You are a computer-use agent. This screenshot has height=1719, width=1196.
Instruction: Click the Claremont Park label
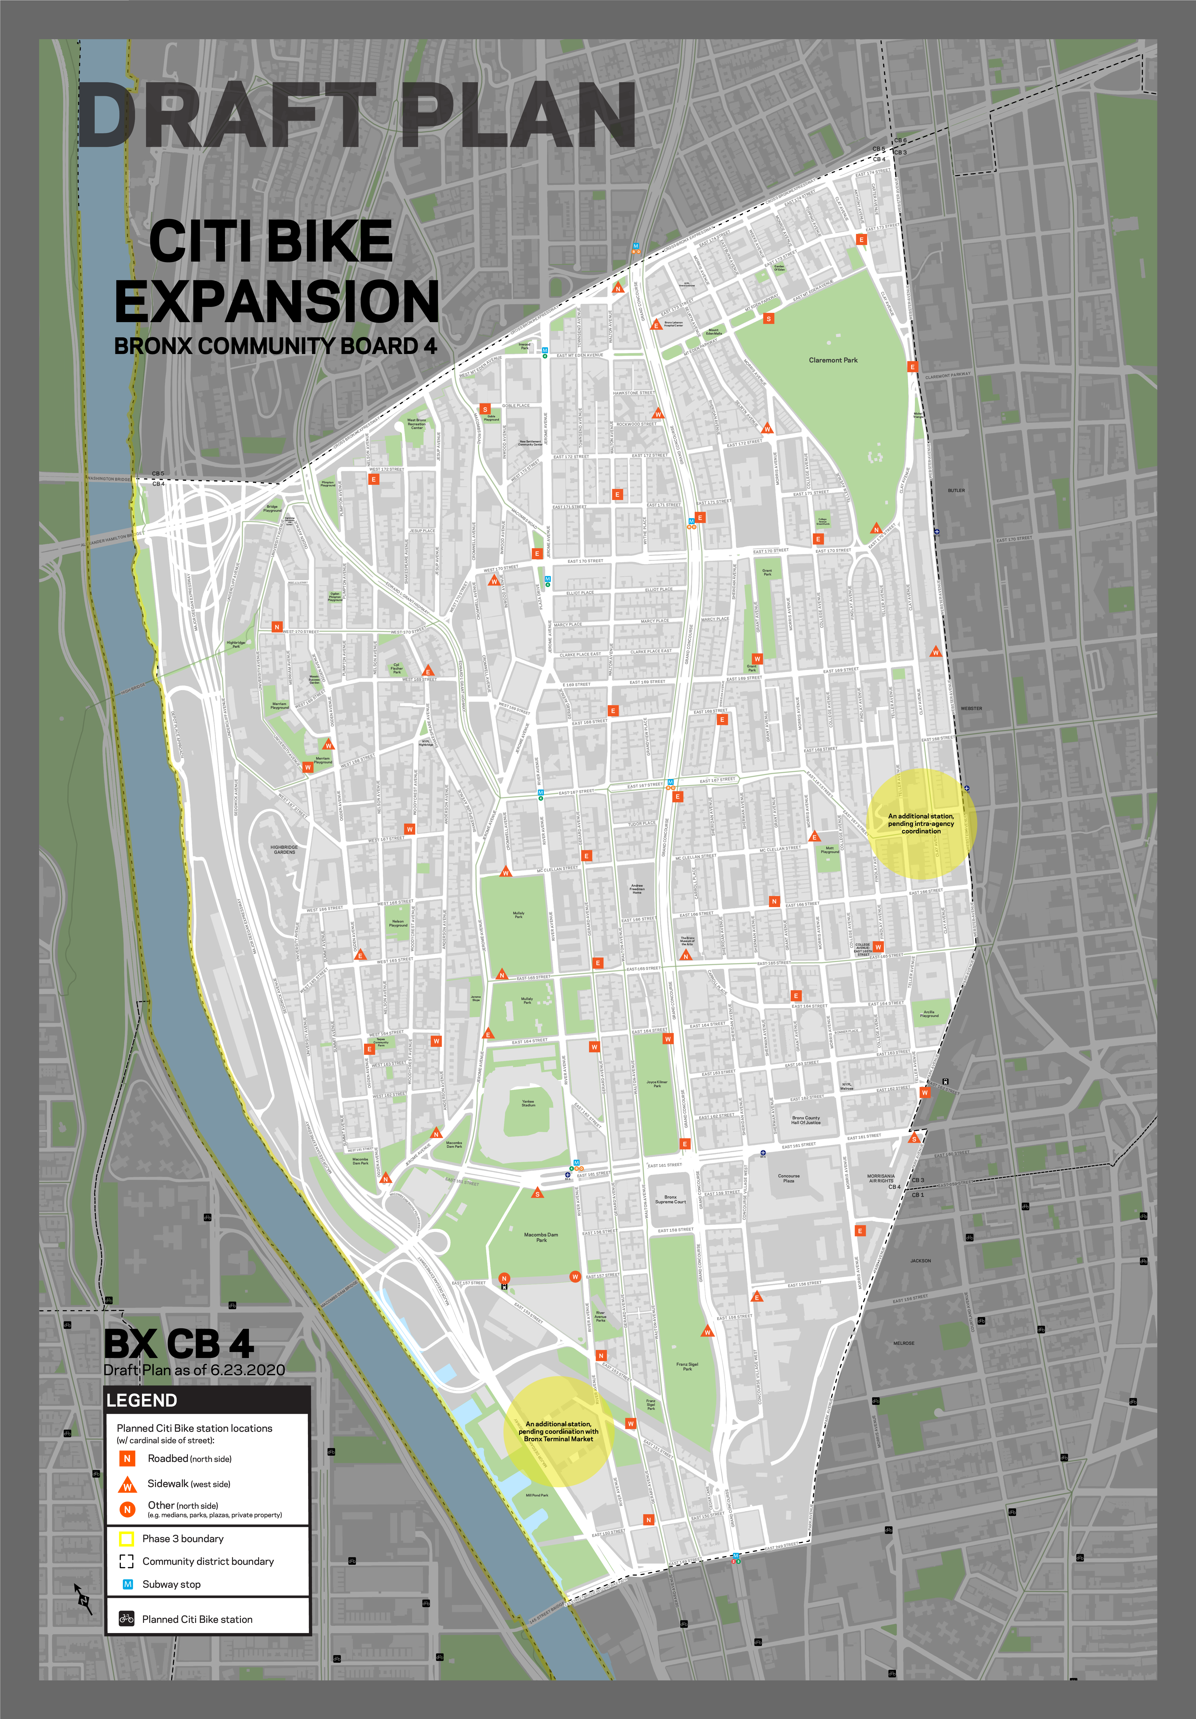(833, 360)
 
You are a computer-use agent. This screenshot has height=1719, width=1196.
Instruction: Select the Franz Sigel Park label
(687, 1366)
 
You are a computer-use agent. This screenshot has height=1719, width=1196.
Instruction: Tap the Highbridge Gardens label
(284, 850)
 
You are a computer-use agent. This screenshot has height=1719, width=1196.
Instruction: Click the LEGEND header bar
(208, 1400)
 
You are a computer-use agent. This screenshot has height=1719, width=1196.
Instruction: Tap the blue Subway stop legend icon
(127, 1584)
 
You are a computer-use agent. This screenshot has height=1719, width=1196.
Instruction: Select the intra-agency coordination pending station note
(921, 824)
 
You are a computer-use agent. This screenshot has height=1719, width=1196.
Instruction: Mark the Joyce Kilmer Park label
(657, 1083)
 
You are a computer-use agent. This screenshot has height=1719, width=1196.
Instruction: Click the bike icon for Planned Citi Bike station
(127, 1619)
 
